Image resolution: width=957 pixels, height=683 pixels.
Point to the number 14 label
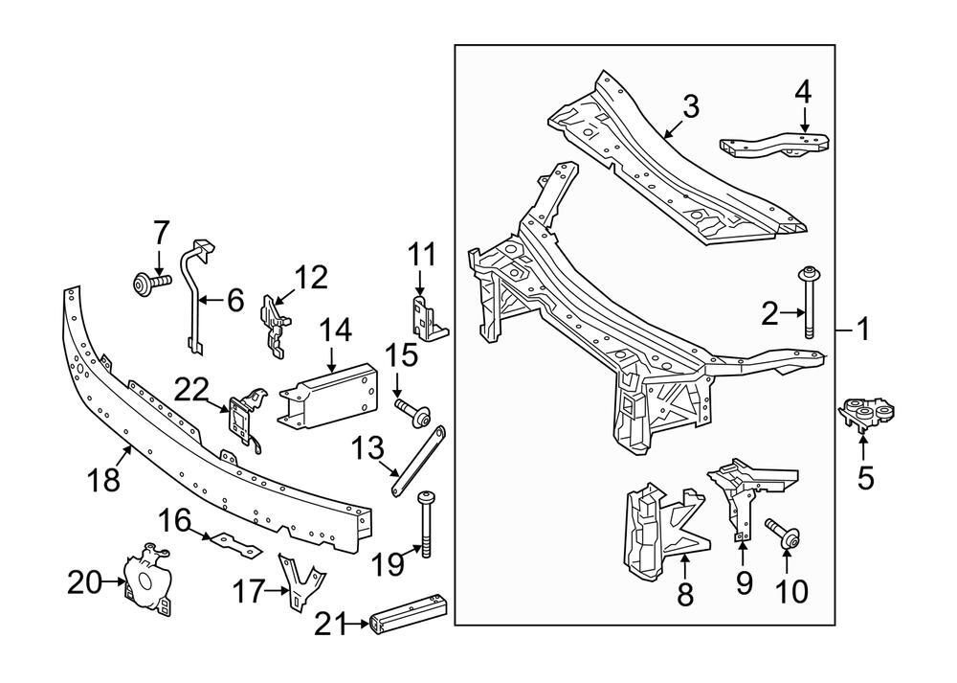click(336, 332)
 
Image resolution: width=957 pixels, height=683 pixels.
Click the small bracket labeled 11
click(423, 314)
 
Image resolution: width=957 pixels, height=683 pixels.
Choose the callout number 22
click(190, 391)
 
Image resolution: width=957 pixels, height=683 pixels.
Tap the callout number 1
click(864, 330)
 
